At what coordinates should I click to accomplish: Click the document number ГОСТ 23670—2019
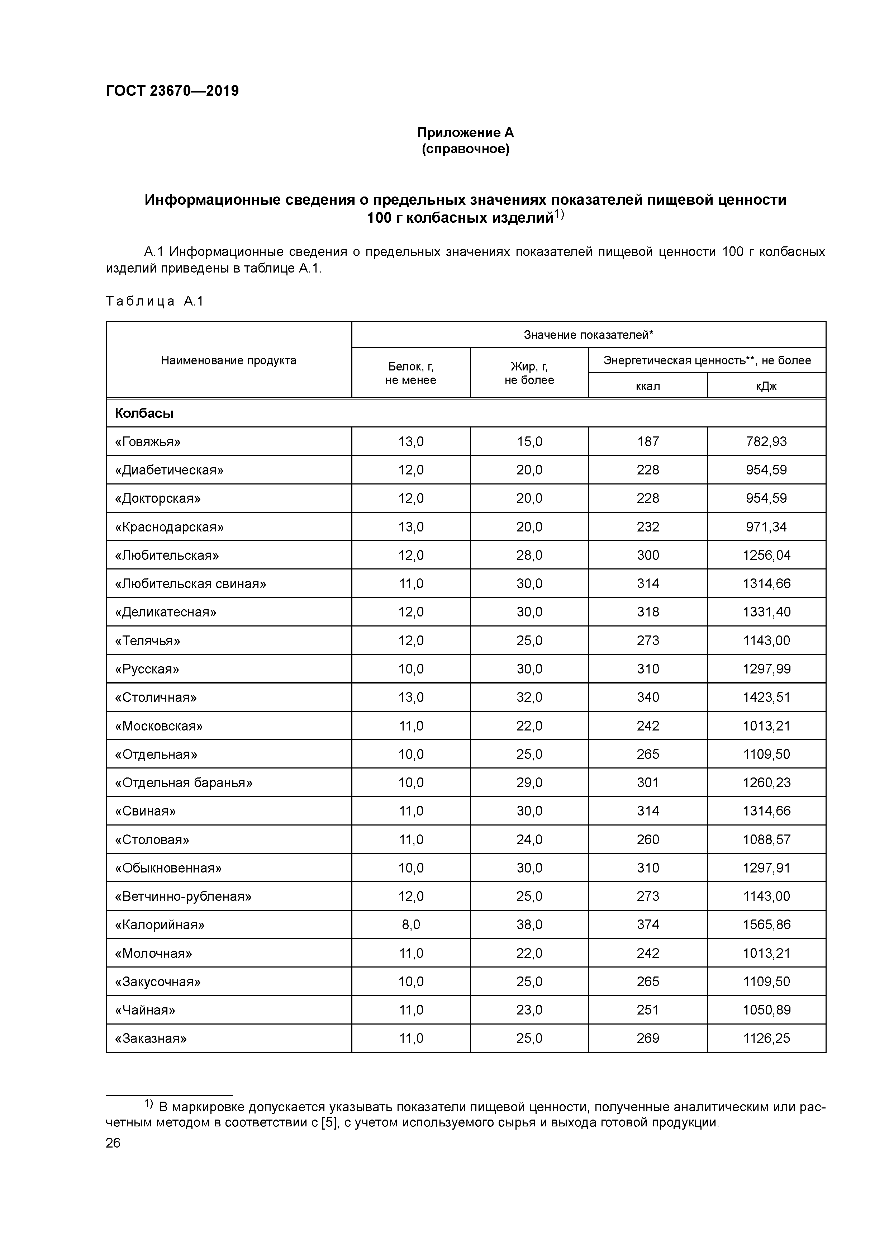tap(172, 91)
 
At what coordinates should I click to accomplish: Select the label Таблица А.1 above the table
tap(154, 301)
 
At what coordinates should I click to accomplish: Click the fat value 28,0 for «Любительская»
tap(529, 555)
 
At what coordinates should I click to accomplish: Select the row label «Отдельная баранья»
tap(184, 782)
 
